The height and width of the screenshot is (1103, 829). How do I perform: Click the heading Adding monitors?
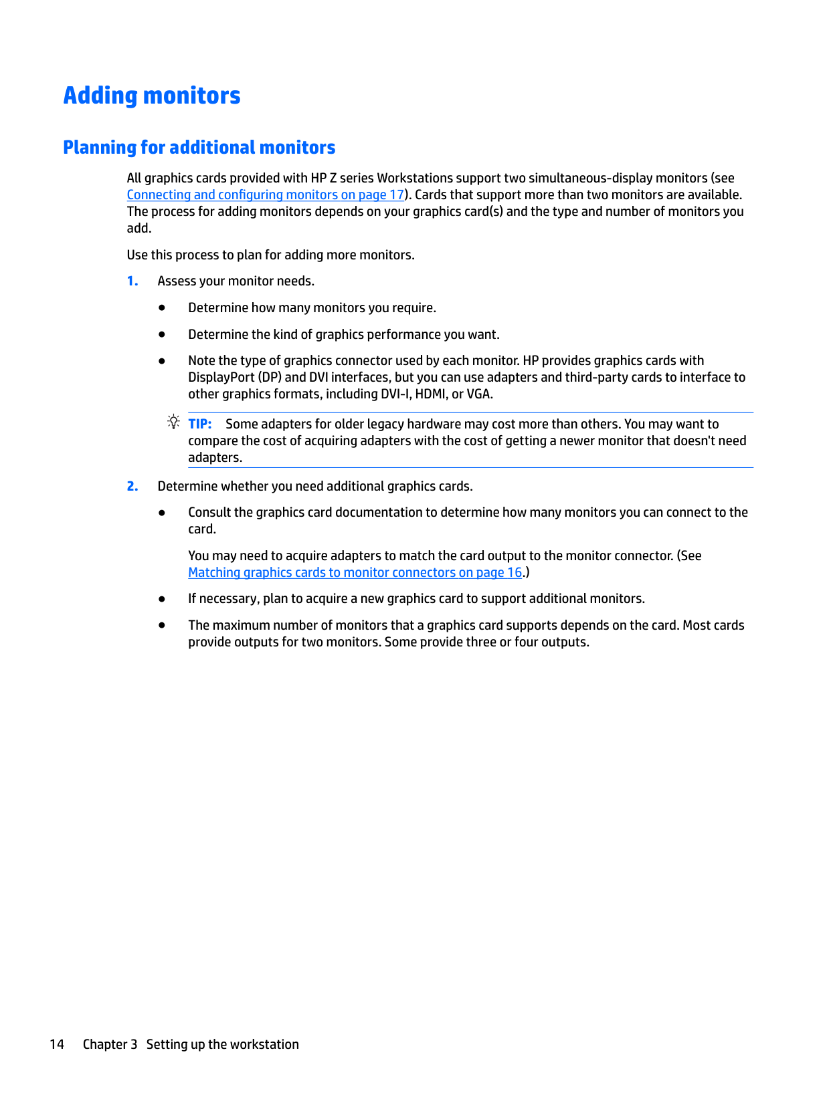(152, 96)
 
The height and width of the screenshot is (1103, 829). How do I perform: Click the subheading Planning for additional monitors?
(199, 147)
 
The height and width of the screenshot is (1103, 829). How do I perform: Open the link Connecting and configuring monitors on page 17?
(266, 195)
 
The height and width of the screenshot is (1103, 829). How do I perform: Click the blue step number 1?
(132, 281)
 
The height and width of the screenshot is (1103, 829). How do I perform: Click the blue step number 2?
(132, 487)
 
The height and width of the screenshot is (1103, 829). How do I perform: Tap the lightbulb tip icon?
(174, 422)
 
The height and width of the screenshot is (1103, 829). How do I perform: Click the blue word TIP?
(200, 424)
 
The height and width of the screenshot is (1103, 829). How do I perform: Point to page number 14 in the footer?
(57, 1044)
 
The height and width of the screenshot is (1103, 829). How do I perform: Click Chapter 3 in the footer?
(110, 1044)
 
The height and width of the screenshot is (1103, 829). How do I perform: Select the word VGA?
(478, 394)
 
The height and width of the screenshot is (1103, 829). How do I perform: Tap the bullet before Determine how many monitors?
(162, 308)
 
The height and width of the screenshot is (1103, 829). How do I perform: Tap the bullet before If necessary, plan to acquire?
(162, 599)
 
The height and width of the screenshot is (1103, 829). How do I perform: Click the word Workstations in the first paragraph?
(415, 178)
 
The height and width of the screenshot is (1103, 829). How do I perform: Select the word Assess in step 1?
(177, 281)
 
